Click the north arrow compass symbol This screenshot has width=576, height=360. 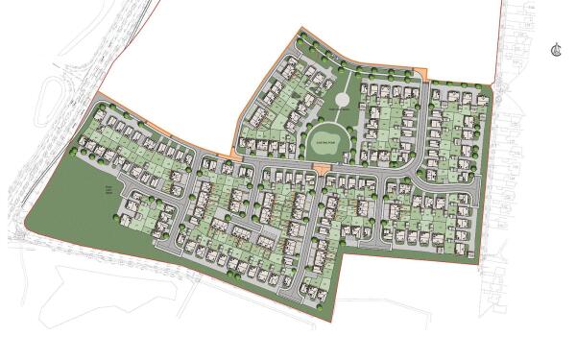(x=556, y=50)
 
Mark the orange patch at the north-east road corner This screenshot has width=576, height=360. (x=416, y=74)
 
